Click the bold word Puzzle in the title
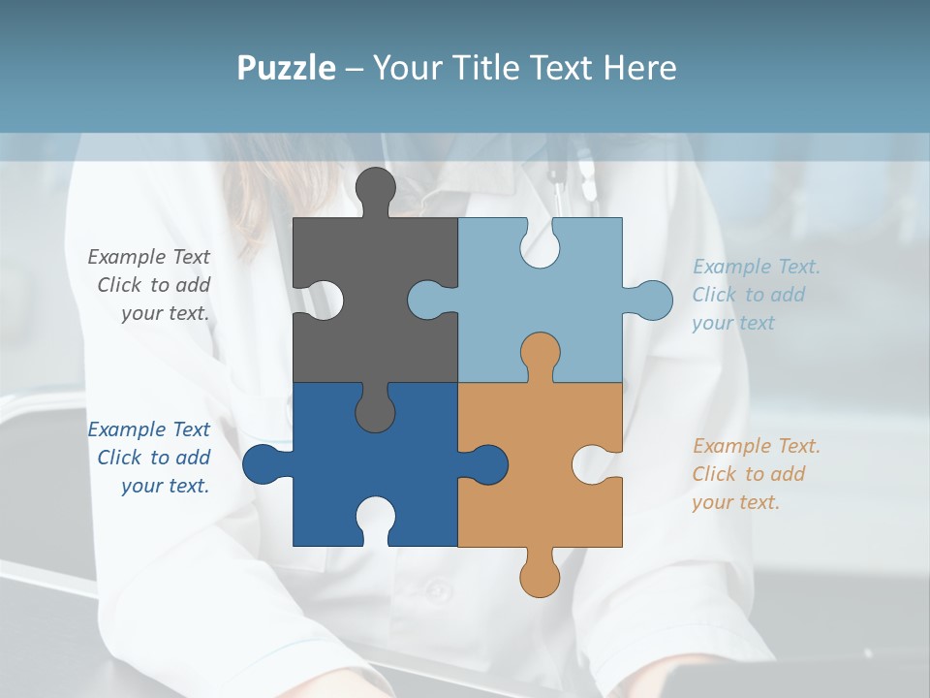coord(287,68)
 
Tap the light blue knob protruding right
coord(651,300)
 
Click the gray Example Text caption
coord(149,285)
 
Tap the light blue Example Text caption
coord(756,295)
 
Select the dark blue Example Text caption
coord(149,458)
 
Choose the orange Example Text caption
coord(756,474)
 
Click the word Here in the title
coord(639,68)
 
